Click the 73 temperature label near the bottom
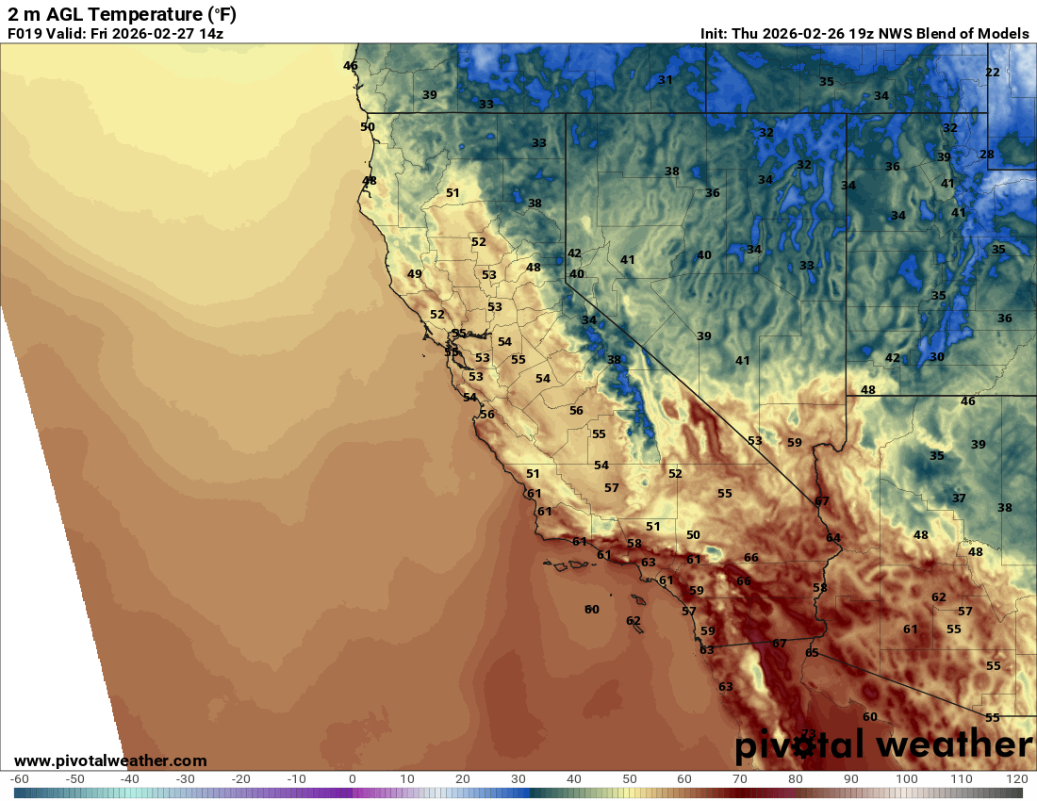(808, 733)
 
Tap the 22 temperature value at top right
(993, 73)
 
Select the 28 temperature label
(987, 155)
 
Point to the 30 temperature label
(936, 357)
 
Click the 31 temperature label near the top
(666, 80)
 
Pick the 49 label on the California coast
(415, 274)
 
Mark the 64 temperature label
(833, 538)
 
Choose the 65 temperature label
(813, 653)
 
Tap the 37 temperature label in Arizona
(959, 499)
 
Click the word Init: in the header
(718, 34)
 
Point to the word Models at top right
(1002, 34)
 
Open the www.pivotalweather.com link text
(110, 760)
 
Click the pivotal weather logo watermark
(883, 745)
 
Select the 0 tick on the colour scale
(352, 779)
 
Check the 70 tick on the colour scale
(740, 779)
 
